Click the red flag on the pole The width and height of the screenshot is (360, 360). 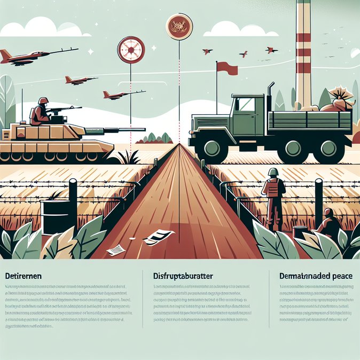tap(227, 68)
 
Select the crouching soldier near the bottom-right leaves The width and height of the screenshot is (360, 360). tap(328, 223)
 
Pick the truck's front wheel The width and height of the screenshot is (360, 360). tap(213, 149)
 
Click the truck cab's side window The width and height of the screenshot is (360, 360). tap(247, 105)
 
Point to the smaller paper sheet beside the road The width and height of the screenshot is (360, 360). tap(116, 249)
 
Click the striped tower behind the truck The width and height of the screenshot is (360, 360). tap(303, 53)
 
